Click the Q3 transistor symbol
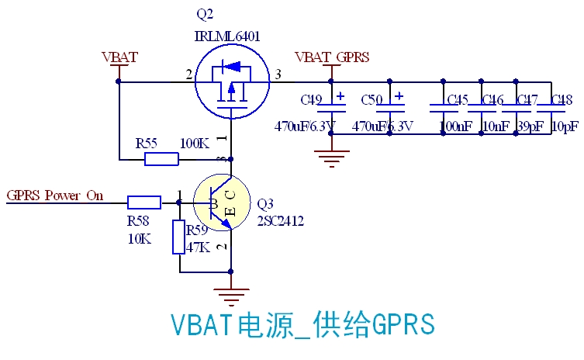222,202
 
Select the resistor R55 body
161,159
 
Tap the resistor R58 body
144,202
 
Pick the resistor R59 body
179,237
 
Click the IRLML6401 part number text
226,36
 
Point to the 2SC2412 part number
280,221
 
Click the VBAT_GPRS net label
332,57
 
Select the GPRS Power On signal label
54,195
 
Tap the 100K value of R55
194,144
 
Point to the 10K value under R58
139,238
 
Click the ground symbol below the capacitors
332,160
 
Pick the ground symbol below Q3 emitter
230,296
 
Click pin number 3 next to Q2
278,74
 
